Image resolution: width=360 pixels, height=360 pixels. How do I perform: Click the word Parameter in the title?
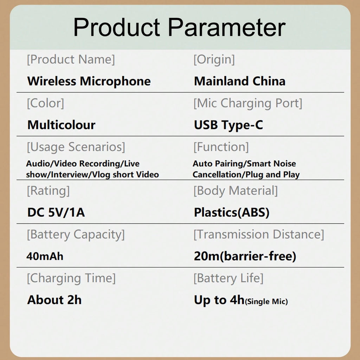click(227, 27)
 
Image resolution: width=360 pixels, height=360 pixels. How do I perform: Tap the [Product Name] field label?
click(71, 60)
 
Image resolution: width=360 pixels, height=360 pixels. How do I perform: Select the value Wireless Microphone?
click(89, 82)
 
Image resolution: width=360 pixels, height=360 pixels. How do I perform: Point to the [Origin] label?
click(214, 60)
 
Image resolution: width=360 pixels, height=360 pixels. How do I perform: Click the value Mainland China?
click(240, 81)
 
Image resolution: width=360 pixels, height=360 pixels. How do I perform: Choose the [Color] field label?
click(45, 103)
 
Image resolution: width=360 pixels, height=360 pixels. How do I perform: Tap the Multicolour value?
click(61, 125)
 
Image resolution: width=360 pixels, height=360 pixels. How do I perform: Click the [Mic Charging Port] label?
click(248, 103)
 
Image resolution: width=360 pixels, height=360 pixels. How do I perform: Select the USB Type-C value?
click(229, 125)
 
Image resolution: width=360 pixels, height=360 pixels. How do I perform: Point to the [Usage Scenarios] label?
click(76, 147)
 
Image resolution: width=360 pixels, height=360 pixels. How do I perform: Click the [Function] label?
click(221, 147)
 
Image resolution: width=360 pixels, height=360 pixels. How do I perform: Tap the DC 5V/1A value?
click(56, 212)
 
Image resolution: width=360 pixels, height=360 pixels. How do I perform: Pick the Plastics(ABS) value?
click(231, 212)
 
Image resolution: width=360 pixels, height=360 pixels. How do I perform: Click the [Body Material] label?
click(235, 191)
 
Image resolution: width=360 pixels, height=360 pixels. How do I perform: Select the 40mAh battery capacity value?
click(45, 256)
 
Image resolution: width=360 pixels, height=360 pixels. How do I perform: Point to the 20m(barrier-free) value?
click(245, 256)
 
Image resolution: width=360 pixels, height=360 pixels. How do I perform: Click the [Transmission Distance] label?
click(258, 234)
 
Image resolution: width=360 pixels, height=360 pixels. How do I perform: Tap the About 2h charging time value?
click(54, 300)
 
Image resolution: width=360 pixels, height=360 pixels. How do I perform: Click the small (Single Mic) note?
click(266, 301)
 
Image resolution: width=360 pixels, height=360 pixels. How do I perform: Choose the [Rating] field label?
click(48, 191)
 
